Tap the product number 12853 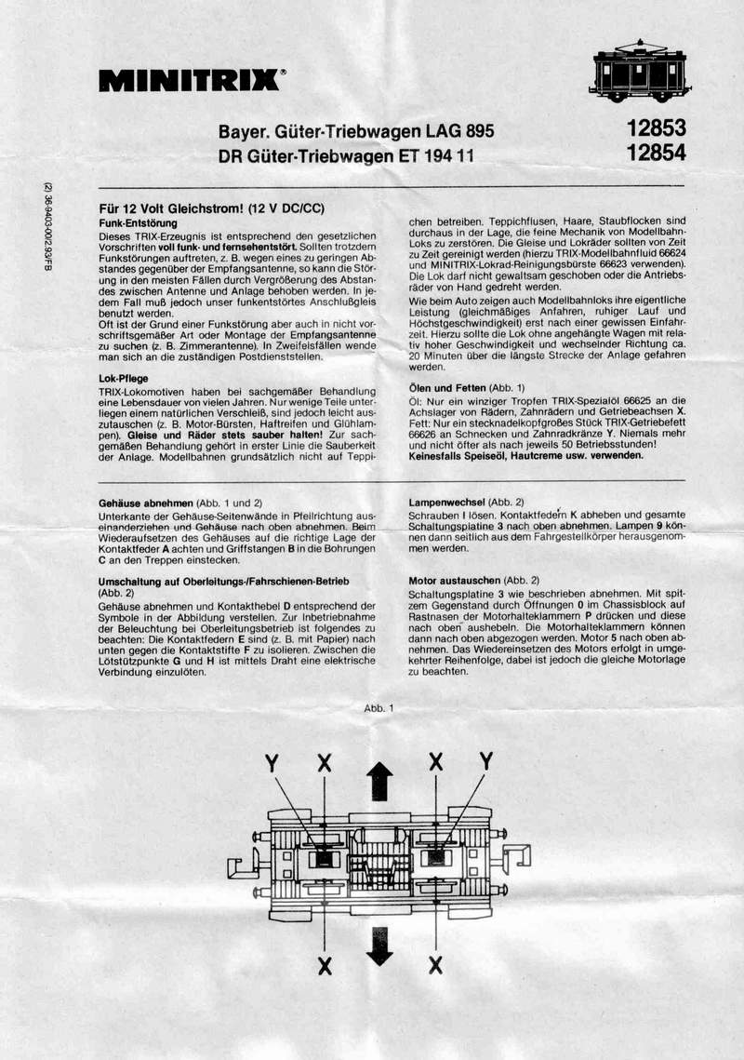click(656, 127)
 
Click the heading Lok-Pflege click(123, 379)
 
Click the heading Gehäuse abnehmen click(140, 502)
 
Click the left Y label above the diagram click(272, 764)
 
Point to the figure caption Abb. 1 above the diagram click(379, 708)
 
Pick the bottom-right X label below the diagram click(435, 967)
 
